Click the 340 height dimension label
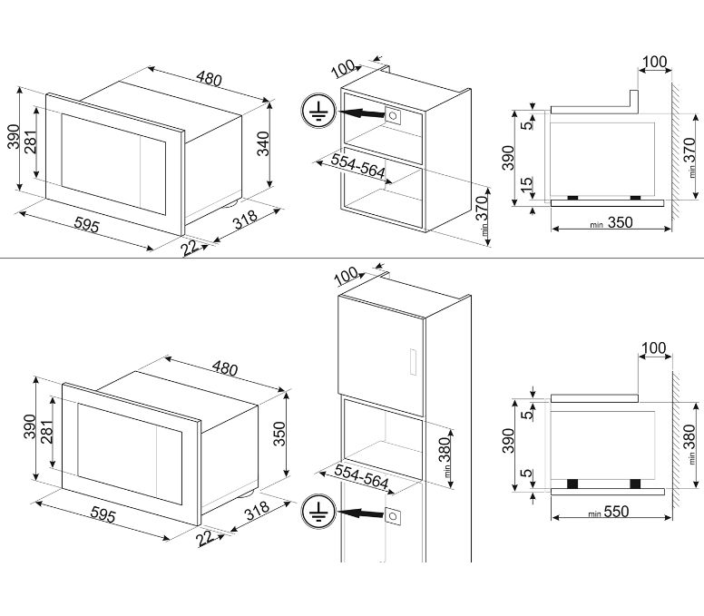[x=263, y=143]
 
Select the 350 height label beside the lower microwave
[x=279, y=434]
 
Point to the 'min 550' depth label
[x=610, y=512]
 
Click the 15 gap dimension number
[x=527, y=183]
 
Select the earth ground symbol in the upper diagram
[x=318, y=112]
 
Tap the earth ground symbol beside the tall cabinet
[x=318, y=512]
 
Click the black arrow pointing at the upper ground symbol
[x=361, y=112]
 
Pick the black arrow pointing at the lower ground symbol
[x=361, y=513]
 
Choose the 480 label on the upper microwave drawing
[x=209, y=79]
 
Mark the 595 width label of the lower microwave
[x=103, y=514]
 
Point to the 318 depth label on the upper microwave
[x=245, y=220]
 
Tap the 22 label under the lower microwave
[x=205, y=537]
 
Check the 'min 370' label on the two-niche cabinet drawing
[x=484, y=217]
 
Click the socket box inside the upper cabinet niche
[x=393, y=116]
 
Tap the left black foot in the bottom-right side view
[x=572, y=484]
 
